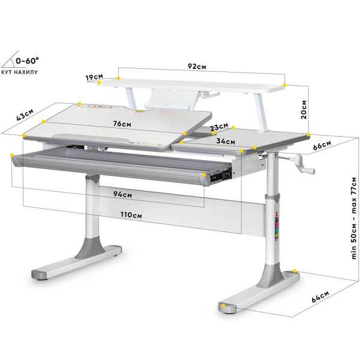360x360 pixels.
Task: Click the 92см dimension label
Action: [197, 67]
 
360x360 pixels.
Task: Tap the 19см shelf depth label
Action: [94, 77]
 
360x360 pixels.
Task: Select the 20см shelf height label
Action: [304, 109]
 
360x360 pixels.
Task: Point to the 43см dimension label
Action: [25, 115]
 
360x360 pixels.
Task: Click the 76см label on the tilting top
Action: [122, 124]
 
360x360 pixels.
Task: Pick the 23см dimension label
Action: [219, 127]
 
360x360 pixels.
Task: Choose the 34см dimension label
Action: [226, 141]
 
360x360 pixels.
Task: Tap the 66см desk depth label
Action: [322, 145]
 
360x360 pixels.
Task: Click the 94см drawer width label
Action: [122, 194]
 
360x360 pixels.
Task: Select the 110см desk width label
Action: [131, 215]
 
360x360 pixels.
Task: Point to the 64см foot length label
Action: [320, 296]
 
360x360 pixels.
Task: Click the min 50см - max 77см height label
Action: [354, 218]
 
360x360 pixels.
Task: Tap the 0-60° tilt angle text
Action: [28, 61]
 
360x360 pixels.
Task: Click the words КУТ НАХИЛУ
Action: [20, 72]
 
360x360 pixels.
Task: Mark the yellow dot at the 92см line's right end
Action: [284, 85]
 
